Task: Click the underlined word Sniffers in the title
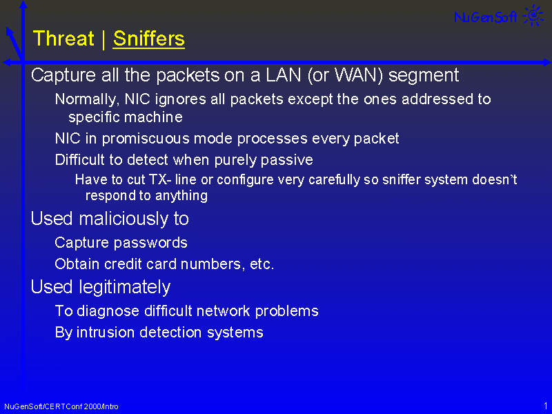click(149, 39)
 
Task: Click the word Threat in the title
click(63, 39)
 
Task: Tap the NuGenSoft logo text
click(486, 17)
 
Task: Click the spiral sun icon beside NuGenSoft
click(533, 14)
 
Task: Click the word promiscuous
click(146, 139)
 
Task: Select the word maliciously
click(124, 219)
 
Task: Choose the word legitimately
click(125, 287)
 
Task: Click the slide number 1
click(546, 406)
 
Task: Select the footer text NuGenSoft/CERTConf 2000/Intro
click(61, 406)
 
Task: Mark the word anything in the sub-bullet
click(181, 196)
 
